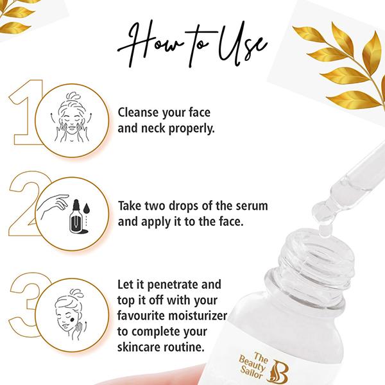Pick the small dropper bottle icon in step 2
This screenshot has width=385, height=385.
pyautogui.click(x=78, y=218)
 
